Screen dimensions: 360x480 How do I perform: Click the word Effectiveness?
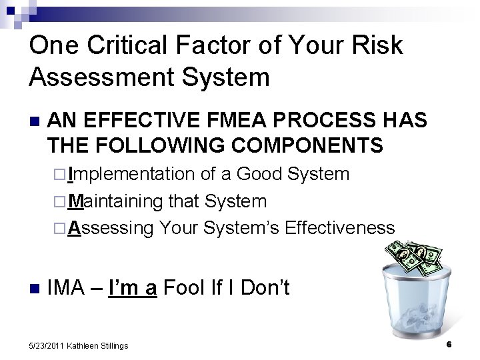(x=339, y=227)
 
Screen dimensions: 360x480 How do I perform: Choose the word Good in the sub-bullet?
(x=261, y=175)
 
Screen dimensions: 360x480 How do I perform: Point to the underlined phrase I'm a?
(x=133, y=289)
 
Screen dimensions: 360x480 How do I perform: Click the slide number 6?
(x=449, y=344)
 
